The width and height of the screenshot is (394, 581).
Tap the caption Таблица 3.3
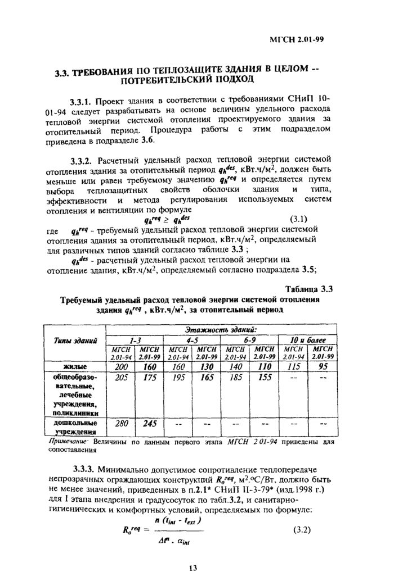310,289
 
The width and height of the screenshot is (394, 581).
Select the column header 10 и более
308,340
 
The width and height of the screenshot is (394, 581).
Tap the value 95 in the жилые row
323,366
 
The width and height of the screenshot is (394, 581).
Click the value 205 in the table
121,378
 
